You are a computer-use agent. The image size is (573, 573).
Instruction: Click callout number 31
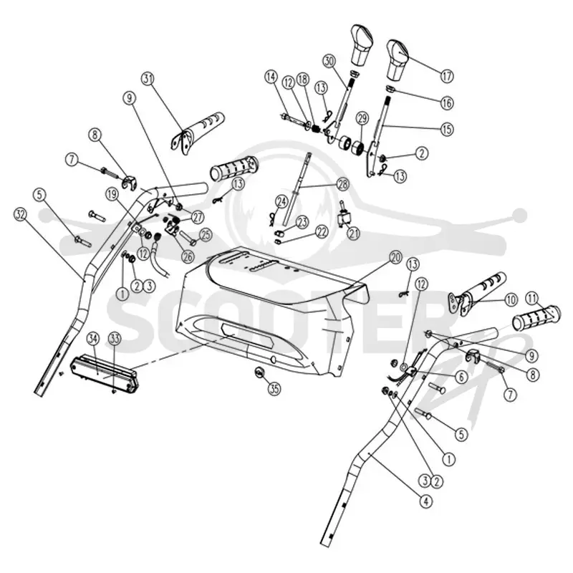148,79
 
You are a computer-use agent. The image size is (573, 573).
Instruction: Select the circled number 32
21,214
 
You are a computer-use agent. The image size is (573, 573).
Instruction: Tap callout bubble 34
93,339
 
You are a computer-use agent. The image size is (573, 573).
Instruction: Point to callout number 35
274,389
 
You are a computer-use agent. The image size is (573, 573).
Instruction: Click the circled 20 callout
396,258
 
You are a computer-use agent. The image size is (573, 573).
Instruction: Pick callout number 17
446,76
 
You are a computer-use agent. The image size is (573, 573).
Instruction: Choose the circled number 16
446,102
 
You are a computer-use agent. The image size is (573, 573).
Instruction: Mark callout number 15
447,130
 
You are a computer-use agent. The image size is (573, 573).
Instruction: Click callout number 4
425,501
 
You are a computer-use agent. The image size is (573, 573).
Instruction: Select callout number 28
343,184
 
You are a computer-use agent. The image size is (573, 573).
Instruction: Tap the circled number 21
353,233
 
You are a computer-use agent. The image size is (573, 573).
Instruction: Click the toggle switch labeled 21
344,216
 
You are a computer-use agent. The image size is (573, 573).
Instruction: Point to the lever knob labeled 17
398,60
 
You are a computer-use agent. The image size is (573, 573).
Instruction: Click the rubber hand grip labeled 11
536,317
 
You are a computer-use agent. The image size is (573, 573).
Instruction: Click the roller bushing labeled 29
358,149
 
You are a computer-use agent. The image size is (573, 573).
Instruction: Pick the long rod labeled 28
298,188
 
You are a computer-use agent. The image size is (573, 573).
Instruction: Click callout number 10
511,300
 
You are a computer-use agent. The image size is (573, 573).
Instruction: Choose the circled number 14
271,77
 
